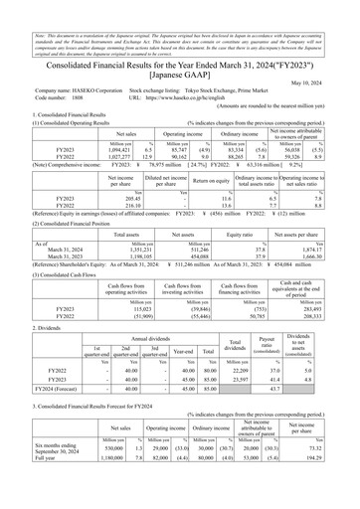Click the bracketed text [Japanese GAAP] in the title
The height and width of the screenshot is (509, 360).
179,47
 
